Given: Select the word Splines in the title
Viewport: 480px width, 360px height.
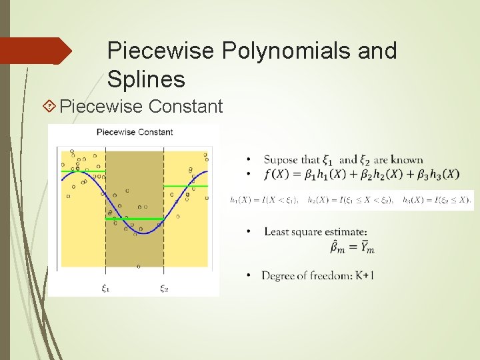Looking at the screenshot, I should [146, 80].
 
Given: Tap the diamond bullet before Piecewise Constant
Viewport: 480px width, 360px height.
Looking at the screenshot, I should [48, 106].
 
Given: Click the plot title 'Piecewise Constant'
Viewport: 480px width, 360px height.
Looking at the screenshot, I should [135, 132].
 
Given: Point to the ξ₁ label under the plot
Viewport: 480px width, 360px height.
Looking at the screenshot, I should [106, 288].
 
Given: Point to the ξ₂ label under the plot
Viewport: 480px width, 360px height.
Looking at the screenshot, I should [164, 288].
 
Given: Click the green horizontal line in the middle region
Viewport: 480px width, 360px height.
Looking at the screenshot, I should [135, 219].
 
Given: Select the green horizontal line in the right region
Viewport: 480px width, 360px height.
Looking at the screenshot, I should [186, 186].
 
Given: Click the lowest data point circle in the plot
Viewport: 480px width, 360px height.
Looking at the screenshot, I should [139, 267].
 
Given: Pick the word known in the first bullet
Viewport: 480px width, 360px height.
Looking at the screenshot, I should [407, 160].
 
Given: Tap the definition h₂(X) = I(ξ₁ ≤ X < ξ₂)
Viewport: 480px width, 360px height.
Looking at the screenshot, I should [351, 199].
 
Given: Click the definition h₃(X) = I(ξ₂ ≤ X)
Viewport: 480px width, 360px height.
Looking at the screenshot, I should [437, 199].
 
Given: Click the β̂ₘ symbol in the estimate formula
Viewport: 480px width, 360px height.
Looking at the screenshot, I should [337, 248].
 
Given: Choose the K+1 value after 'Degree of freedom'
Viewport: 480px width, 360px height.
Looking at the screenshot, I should [365, 275].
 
